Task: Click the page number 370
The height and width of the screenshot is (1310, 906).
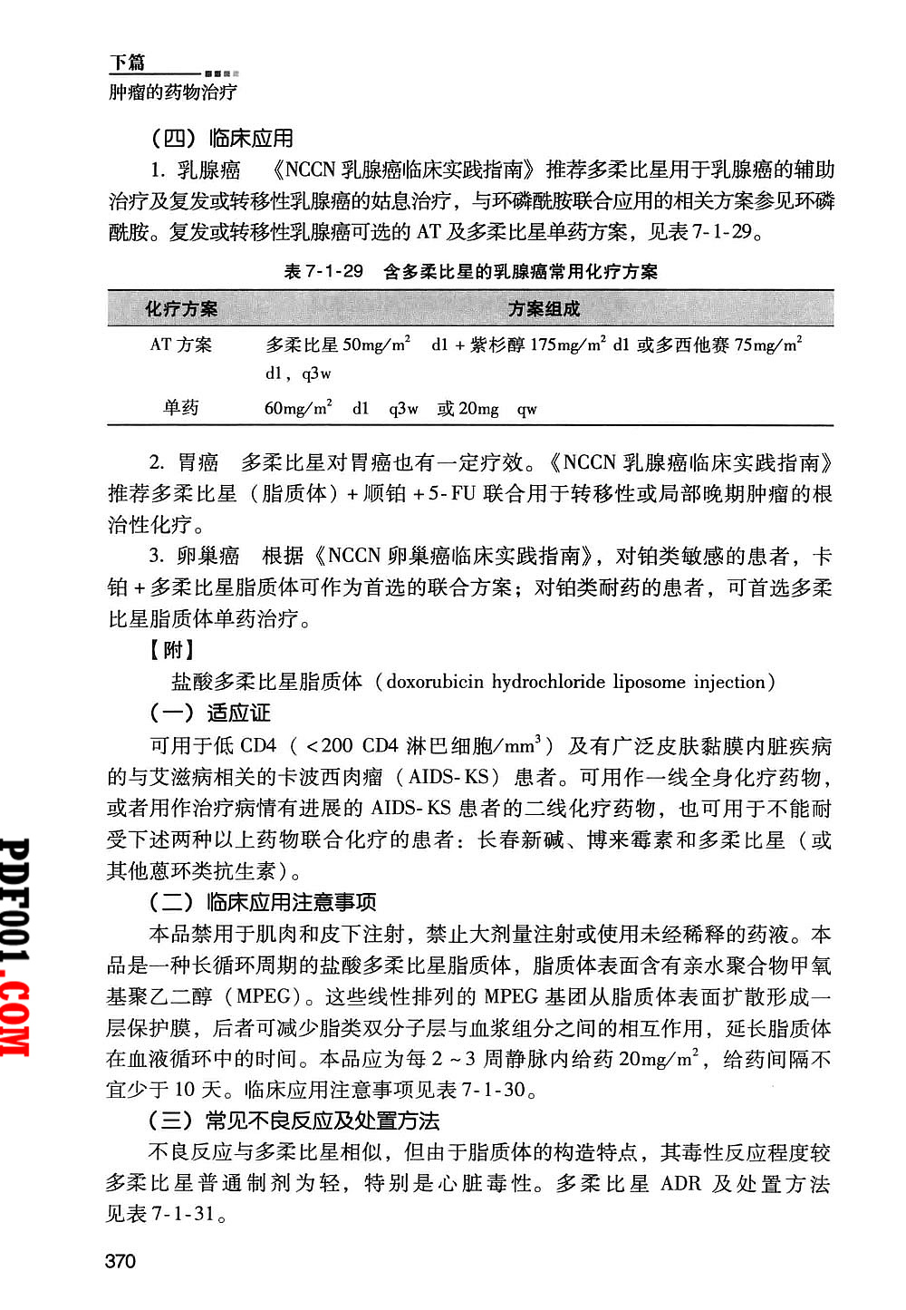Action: point(120,1261)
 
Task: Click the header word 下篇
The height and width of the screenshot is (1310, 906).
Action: point(128,63)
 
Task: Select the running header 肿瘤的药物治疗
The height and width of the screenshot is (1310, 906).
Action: point(173,92)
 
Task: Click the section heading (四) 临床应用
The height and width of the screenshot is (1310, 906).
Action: point(222,139)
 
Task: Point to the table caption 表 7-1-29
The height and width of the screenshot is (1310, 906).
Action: point(323,271)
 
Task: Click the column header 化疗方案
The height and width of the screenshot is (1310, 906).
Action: point(181,309)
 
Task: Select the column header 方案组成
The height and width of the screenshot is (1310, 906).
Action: point(544,309)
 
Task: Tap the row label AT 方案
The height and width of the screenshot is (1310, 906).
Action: point(181,344)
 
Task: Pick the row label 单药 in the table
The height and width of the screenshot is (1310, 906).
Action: point(181,408)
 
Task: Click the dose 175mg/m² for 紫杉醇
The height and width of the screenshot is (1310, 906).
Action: point(568,344)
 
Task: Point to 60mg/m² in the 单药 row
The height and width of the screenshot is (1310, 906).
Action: point(298,408)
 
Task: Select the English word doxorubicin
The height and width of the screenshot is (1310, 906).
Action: point(435,682)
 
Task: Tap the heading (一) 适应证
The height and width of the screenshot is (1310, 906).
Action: point(210,713)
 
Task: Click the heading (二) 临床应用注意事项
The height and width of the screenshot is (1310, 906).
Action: point(263,903)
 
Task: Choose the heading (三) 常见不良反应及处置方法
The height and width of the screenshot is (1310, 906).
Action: point(294,1121)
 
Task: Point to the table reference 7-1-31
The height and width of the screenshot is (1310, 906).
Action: point(184,1215)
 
